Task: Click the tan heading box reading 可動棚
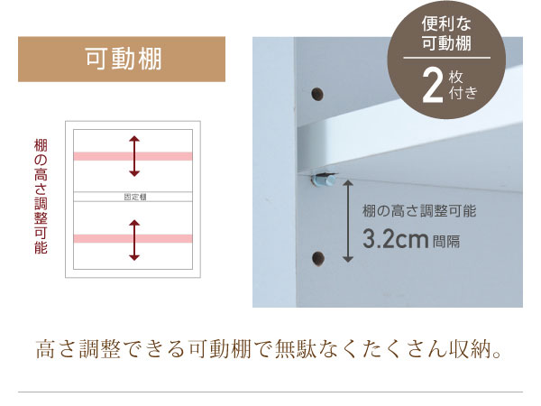click(122, 59)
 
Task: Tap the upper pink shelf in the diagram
click(133, 156)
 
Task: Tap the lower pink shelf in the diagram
click(133, 238)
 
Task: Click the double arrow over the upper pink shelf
click(133, 155)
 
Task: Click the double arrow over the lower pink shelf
click(133, 238)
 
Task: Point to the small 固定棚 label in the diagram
click(133, 196)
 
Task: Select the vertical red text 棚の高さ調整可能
click(40, 197)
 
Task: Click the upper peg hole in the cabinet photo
click(316, 94)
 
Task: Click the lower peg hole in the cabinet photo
click(316, 257)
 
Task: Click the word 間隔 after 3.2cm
click(446, 243)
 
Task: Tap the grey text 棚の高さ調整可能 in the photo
click(418, 211)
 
